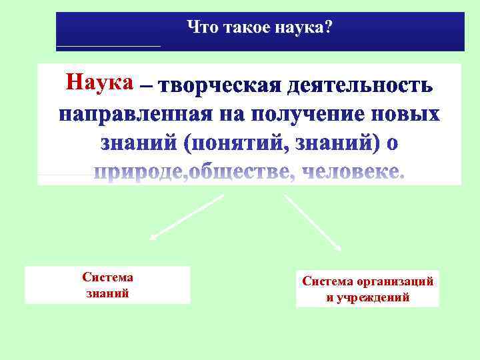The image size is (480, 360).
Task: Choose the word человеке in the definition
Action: (353, 172)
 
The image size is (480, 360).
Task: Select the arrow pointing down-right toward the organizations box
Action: (313, 222)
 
